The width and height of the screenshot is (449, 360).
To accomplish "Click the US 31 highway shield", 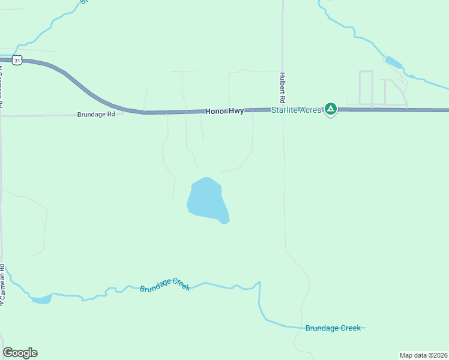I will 18,60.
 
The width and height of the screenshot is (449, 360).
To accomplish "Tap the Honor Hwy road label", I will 224,112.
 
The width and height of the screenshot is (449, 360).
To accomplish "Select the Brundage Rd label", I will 95,114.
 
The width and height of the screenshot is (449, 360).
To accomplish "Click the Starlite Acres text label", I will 296,110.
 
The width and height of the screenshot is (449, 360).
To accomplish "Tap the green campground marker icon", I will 330,109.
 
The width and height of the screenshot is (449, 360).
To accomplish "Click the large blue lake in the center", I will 205,199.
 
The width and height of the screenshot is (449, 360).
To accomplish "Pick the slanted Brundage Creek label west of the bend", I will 165,285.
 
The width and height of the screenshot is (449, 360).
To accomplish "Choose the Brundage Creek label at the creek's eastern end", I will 333,328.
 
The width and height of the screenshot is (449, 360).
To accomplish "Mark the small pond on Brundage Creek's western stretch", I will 41,299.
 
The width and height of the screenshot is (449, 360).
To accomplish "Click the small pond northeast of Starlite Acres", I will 393,62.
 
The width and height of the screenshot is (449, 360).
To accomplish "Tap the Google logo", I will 20,353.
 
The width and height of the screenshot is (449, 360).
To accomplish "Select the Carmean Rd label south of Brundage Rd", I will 2,285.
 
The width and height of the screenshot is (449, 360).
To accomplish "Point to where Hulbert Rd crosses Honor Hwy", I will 283,109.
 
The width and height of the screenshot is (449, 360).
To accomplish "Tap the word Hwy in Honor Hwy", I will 236,112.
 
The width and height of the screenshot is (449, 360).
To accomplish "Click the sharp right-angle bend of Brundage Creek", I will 259,282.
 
